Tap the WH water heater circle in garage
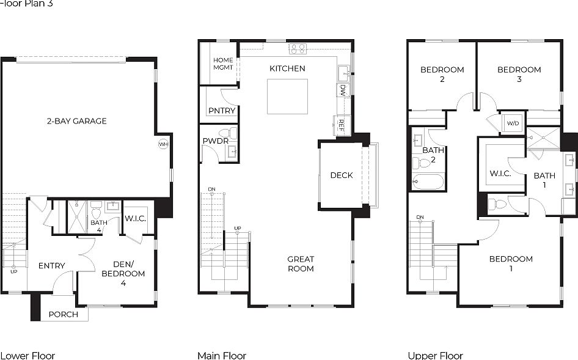tap(163, 144)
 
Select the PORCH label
tap(63, 314)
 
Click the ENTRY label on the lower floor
tap(51, 266)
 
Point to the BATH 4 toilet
tap(96, 213)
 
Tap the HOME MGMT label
tap(223, 64)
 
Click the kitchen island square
tap(287, 97)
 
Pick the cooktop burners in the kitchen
tap(298, 49)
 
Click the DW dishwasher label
tap(343, 90)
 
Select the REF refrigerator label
tap(341, 125)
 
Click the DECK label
tap(342, 175)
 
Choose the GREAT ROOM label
tap(301, 264)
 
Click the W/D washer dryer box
tap(512, 123)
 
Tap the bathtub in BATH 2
tap(427, 182)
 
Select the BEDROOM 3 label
tap(519, 74)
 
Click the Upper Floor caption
tap(435, 355)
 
